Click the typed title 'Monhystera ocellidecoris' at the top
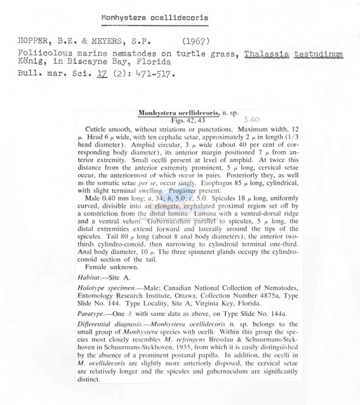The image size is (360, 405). [155, 18]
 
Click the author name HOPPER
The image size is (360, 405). [24, 42]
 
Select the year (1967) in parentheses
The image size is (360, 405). [198, 42]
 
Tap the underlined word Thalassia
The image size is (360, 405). [267, 54]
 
